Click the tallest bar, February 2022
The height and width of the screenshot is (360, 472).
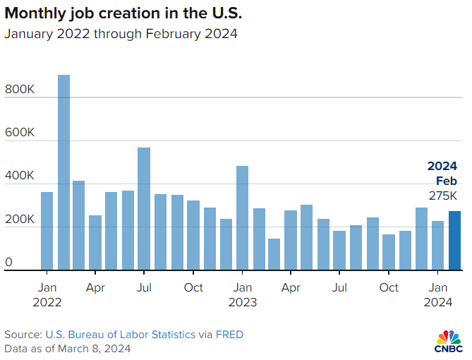coord(63,173)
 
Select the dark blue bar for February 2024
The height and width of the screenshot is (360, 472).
coord(455,241)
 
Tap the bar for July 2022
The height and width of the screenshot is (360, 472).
coord(144,209)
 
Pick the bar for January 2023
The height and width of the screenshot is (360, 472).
coord(242,218)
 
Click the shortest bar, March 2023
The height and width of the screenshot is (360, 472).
coord(274,254)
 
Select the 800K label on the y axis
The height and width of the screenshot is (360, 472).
coord(19,90)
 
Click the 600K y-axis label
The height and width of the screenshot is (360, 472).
coord(19,133)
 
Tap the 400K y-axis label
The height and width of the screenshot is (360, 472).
coord(19,176)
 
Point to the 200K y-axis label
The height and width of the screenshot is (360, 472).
coord(19,220)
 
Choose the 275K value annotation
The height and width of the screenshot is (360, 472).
coord(443,196)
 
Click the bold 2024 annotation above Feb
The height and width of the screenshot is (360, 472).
coord(442,167)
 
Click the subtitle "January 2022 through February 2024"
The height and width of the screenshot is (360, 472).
coord(121,33)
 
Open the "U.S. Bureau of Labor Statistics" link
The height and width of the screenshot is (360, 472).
coord(121,334)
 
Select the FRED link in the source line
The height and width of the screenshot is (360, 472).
coord(229,334)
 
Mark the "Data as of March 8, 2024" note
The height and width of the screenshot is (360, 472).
coord(67,348)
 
